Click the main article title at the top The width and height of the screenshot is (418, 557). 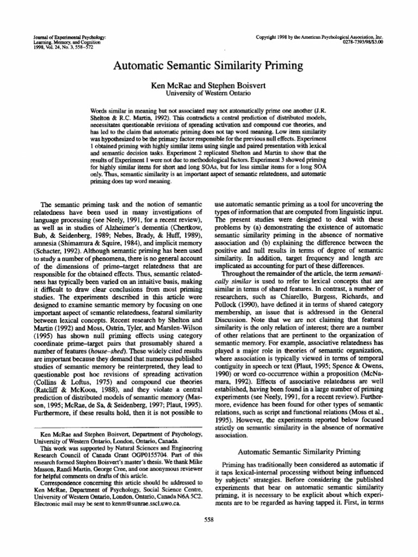coord(208,66)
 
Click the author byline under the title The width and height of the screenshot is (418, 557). coord(208,85)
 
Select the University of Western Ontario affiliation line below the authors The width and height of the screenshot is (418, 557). coord(208,93)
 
